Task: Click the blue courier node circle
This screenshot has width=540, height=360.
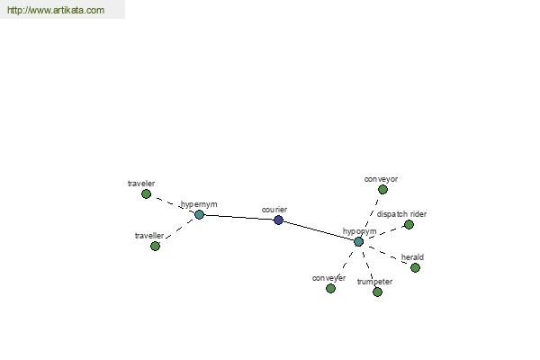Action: click(x=278, y=220)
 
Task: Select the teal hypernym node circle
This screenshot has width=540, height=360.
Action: click(x=199, y=214)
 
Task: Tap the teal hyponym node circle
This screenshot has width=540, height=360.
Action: click(x=358, y=241)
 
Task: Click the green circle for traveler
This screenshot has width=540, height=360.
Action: click(x=146, y=194)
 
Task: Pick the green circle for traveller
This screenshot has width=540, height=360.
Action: click(x=155, y=246)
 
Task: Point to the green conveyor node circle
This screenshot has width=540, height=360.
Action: click(x=382, y=190)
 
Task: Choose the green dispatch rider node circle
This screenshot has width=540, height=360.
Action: click(x=409, y=225)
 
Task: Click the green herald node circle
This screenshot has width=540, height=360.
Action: click(x=415, y=267)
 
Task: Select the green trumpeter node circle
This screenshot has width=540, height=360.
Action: click(x=377, y=292)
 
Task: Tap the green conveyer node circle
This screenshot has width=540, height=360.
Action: click(x=330, y=288)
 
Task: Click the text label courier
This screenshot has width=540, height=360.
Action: click(x=274, y=210)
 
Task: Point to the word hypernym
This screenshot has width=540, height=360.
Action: click(x=199, y=204)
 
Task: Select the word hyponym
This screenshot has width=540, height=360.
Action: click(x=359, y=231)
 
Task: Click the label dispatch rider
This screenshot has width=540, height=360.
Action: click(x=401, y=214)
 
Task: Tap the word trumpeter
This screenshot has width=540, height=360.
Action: click(x=374, y=282)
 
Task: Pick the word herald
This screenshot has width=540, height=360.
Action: click(x=412, y=257)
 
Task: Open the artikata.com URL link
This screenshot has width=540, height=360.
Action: click(x=56, y=10)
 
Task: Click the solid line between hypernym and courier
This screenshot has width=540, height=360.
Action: click(x=238, y=217)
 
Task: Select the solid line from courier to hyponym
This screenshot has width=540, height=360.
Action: click(x=319, y=230)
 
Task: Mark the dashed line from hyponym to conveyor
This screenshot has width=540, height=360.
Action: click(x=371, y=214)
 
